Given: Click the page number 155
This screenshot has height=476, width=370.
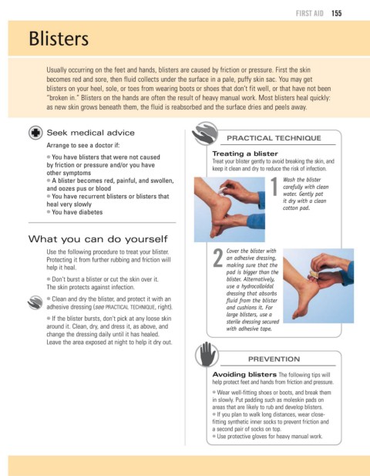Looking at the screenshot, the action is (x=336, y=13).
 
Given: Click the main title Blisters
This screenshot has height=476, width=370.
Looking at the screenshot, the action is (x=59, y=39).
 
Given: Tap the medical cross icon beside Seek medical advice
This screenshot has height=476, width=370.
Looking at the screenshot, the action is (x=35, y=133).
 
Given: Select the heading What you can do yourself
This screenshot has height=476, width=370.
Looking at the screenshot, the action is (x=98, y=239).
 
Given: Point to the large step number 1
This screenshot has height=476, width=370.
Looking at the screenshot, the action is (x=274, y=187).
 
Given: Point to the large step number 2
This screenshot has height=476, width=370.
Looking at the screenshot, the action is (x=218, y=258).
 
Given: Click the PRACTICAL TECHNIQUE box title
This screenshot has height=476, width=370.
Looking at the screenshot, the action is (x=274, y=138).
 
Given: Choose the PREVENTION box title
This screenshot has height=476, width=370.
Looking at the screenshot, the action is (x=274, y=360).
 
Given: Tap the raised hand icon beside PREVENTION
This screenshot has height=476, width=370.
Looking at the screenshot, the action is (x=206, y=354).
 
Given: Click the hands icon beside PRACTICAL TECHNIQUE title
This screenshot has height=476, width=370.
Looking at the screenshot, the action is (x=205, y=133).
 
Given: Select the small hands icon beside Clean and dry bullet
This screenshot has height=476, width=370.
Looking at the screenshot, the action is (x=35, y=302).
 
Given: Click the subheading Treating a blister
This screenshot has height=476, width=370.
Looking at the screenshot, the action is (x=245, y=154).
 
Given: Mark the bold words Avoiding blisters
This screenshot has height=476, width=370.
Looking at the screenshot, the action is (x=244, y=374).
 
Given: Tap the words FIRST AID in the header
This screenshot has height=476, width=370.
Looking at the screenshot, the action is (x=310, y=13).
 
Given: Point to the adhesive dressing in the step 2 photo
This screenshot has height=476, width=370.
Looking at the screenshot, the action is (x=313, y=275).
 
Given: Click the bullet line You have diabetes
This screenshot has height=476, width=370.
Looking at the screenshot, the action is (x=75, y=212).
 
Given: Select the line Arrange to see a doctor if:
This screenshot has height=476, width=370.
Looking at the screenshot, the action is (x=83, y=145).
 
